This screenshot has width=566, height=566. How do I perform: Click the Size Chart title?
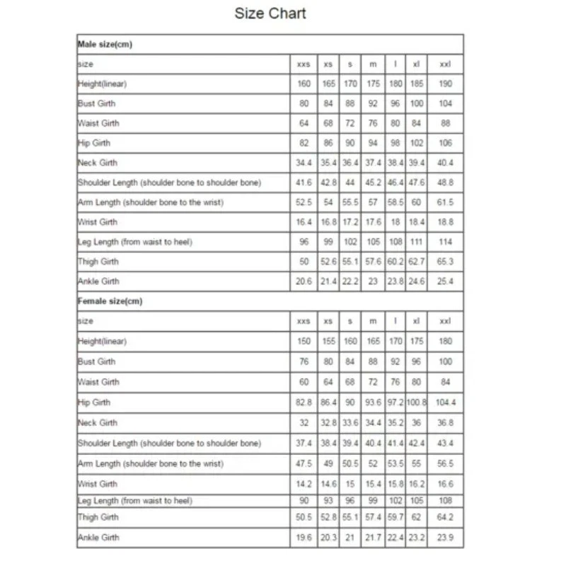[x=270, y=14]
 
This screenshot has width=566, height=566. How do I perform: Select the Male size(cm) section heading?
[x=105, y=45]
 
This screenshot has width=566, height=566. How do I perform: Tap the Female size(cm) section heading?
[x=110, y=301]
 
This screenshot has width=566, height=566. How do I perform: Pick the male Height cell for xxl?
[x=445, y=83]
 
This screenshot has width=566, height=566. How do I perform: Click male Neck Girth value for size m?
[x=373, y=163]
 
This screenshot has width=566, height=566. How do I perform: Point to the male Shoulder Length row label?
[x=169, y=183]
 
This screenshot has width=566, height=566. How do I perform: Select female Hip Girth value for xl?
[x=416, y=403]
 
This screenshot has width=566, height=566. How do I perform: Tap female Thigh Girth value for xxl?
[x=445, y=517]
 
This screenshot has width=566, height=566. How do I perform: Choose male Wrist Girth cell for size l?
[x=395, y=222]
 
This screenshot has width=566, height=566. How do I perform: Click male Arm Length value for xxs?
[x=304, y=202]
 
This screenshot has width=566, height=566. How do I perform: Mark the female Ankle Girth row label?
[x=98, y=538]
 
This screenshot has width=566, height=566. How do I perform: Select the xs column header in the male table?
[x=328, y=64]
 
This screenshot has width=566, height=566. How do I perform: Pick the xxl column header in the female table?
[x=445, y=321]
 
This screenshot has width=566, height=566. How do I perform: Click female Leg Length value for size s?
[x=350, y=501]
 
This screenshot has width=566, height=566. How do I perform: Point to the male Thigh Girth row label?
[x=98, y=262]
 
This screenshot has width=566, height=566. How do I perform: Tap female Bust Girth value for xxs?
[x=304, y=362]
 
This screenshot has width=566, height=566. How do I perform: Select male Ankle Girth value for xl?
[x=416, y=282]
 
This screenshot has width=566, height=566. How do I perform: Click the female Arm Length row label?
[x=150, y=464]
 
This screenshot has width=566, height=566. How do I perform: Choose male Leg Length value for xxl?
[x=445, y=242]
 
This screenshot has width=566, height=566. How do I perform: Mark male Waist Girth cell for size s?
[x=350, y=123]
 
